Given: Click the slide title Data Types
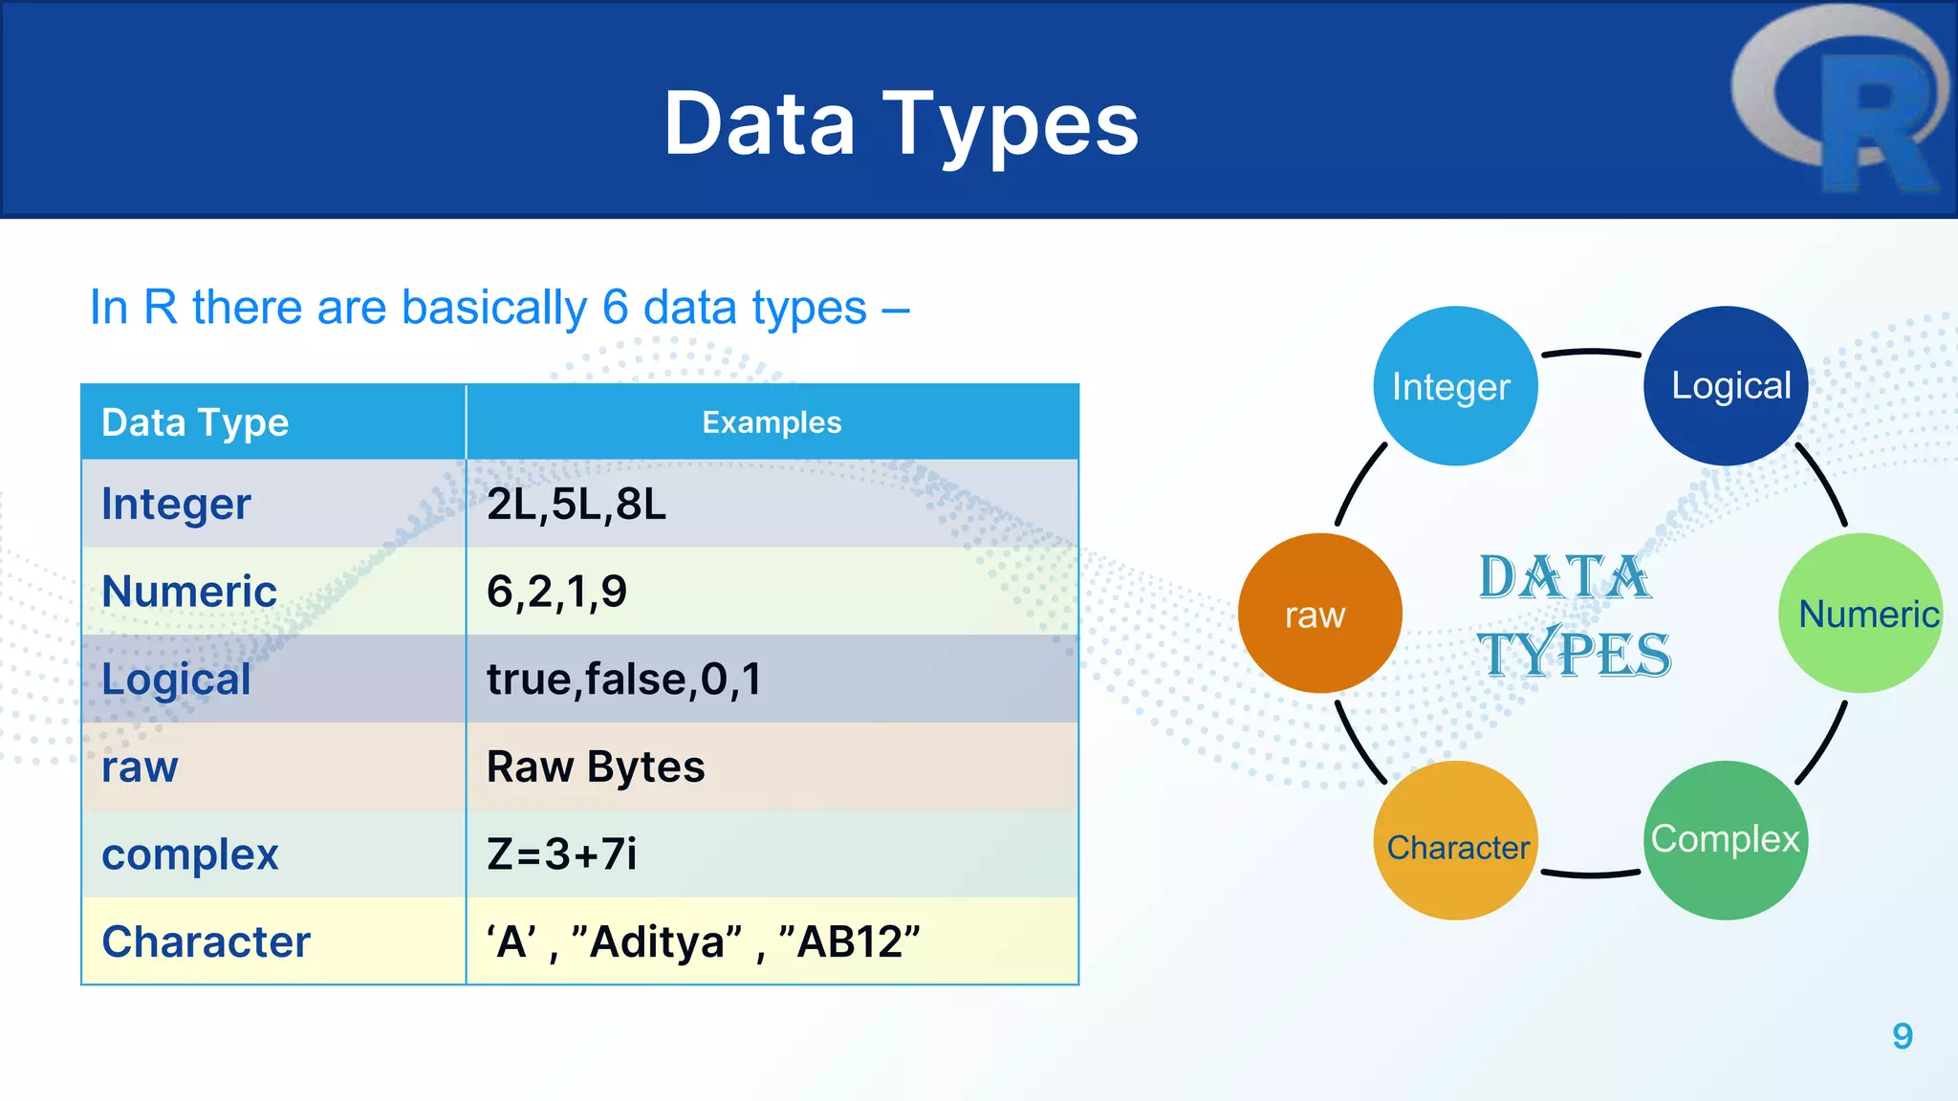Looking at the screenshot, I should (901, 124).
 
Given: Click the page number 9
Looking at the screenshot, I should (1902, 1036).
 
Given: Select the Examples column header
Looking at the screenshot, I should (772, 422).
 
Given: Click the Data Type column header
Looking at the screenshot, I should (195, 422).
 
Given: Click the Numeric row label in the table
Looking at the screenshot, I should (189, 591).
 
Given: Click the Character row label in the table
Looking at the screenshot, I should (206, 941).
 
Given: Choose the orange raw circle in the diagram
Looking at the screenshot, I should (1319, 614).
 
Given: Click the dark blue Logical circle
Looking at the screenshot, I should (1726, 385).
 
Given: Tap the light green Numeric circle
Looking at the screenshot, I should (1860, 614).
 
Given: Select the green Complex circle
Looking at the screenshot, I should (1726, 840).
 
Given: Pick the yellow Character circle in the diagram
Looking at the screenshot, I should (1455, 842).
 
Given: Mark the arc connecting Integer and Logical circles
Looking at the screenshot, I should (1591, 353).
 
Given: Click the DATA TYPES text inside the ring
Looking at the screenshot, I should (1573, 616).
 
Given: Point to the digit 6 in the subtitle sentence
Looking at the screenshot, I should (615, 308).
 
